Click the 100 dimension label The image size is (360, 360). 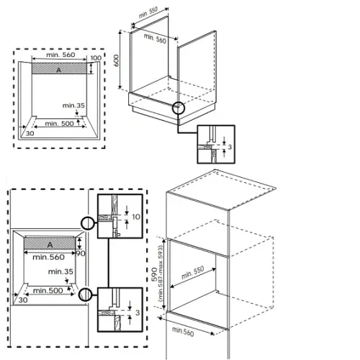[96, 58]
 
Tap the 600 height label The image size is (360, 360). [116, 60]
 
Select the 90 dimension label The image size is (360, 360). [81, 253]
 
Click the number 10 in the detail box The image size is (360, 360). [136, 217]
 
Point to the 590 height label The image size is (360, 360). [155, 274]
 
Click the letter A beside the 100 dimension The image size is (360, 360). [58, 70]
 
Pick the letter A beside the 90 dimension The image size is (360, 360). [50, 245]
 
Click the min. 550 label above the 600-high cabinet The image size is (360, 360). [148, 13]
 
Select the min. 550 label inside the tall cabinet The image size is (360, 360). [192, 272]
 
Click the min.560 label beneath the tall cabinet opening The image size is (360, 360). [183, 332]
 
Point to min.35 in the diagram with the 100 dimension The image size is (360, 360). [73, 106]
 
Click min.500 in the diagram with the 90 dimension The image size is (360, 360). [48, 291]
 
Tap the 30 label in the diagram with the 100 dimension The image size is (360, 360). [30, 133]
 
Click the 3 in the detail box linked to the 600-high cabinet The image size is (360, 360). [230, 147]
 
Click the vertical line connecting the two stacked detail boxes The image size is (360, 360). [109, 263]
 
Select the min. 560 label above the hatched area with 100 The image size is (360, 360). [60, 55]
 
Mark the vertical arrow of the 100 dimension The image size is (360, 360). [91, 68]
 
